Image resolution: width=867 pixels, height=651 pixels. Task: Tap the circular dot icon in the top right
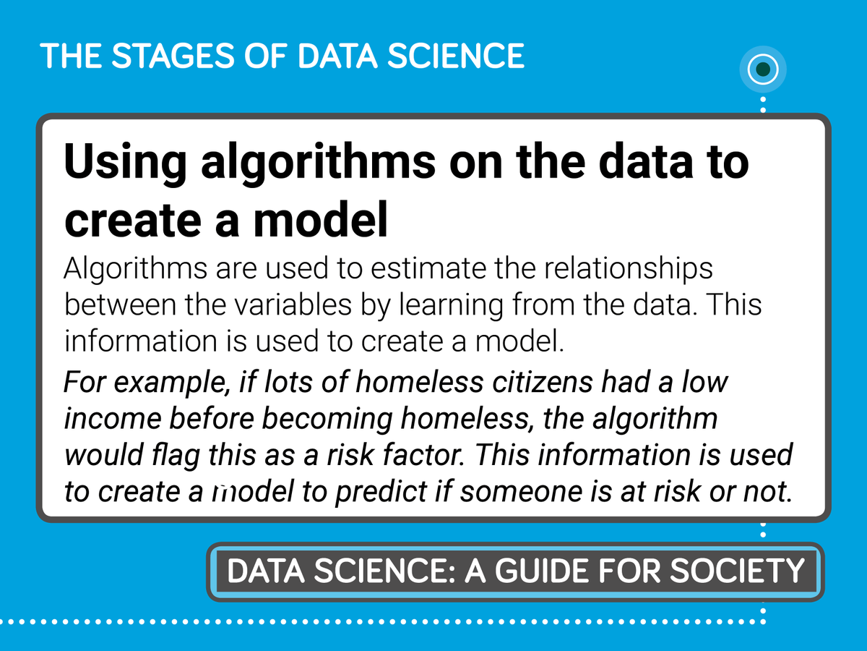(763, 70)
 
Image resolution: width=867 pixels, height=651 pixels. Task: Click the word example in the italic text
(163, 383)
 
